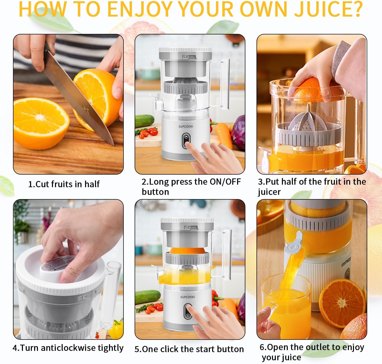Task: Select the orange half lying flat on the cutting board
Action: click(x=41, y=122)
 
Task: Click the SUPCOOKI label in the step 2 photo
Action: click(x=186, y=126)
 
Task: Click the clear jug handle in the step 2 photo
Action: click(x=225, y=84)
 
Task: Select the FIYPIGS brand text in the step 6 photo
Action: click(x=346, y=262)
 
